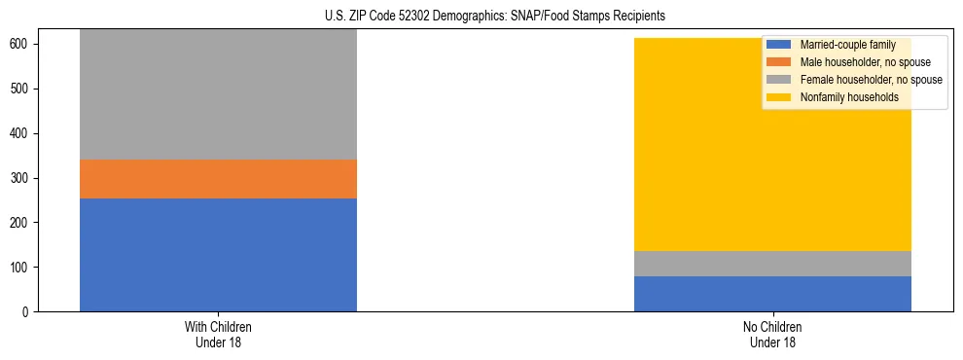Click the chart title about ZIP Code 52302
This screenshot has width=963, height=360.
pos(495,17)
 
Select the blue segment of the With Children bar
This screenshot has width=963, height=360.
pos(218,255)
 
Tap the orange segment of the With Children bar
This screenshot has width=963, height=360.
pos(218,179)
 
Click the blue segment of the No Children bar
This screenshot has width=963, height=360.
pos(772,294)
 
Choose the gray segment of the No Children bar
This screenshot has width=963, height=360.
pos(772,264)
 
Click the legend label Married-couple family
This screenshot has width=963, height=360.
pos(847,45)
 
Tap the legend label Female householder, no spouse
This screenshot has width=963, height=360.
pos(871,80)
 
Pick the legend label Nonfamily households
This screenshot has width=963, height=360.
pos(849,97)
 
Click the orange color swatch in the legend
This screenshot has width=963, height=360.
pos(779,62)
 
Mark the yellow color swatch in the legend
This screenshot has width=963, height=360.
pos(779,97)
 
